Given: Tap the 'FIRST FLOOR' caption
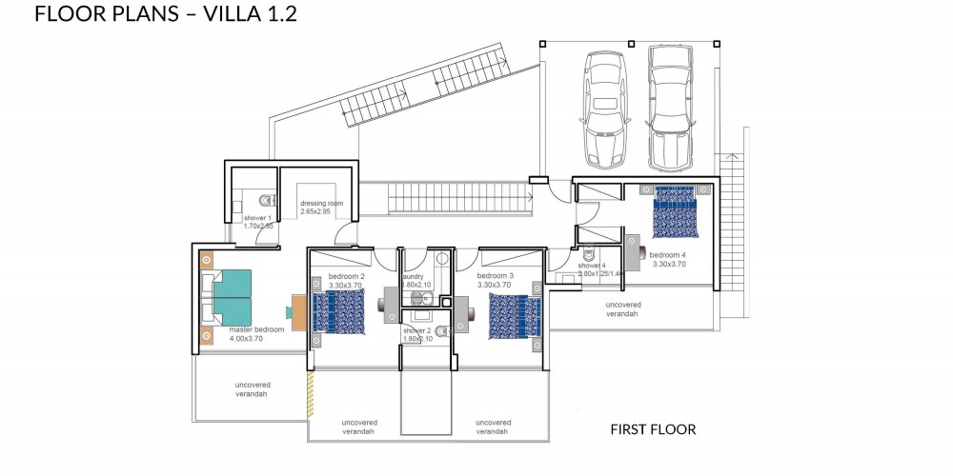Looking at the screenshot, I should click(x=653, y=429).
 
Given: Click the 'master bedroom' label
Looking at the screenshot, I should click(x=256, y=330).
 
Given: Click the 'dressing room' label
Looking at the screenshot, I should click(x=321, y=204).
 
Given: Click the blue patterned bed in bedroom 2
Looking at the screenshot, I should click(x=339, y=311).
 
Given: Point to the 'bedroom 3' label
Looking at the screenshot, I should click(x=496, y=276).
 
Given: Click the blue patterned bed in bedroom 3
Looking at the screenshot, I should click(x=515, y=315).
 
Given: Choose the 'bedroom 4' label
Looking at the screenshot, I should click(x=667, y=254).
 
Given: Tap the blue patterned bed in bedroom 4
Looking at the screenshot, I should click(x=676, y=210).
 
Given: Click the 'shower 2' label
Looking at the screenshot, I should click(x=417, y=330).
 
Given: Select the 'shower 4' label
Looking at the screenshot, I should click(x=592, y=266).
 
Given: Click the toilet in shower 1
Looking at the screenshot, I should click(x=266, y=200).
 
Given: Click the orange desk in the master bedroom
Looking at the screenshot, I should click(x=299, y=310).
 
